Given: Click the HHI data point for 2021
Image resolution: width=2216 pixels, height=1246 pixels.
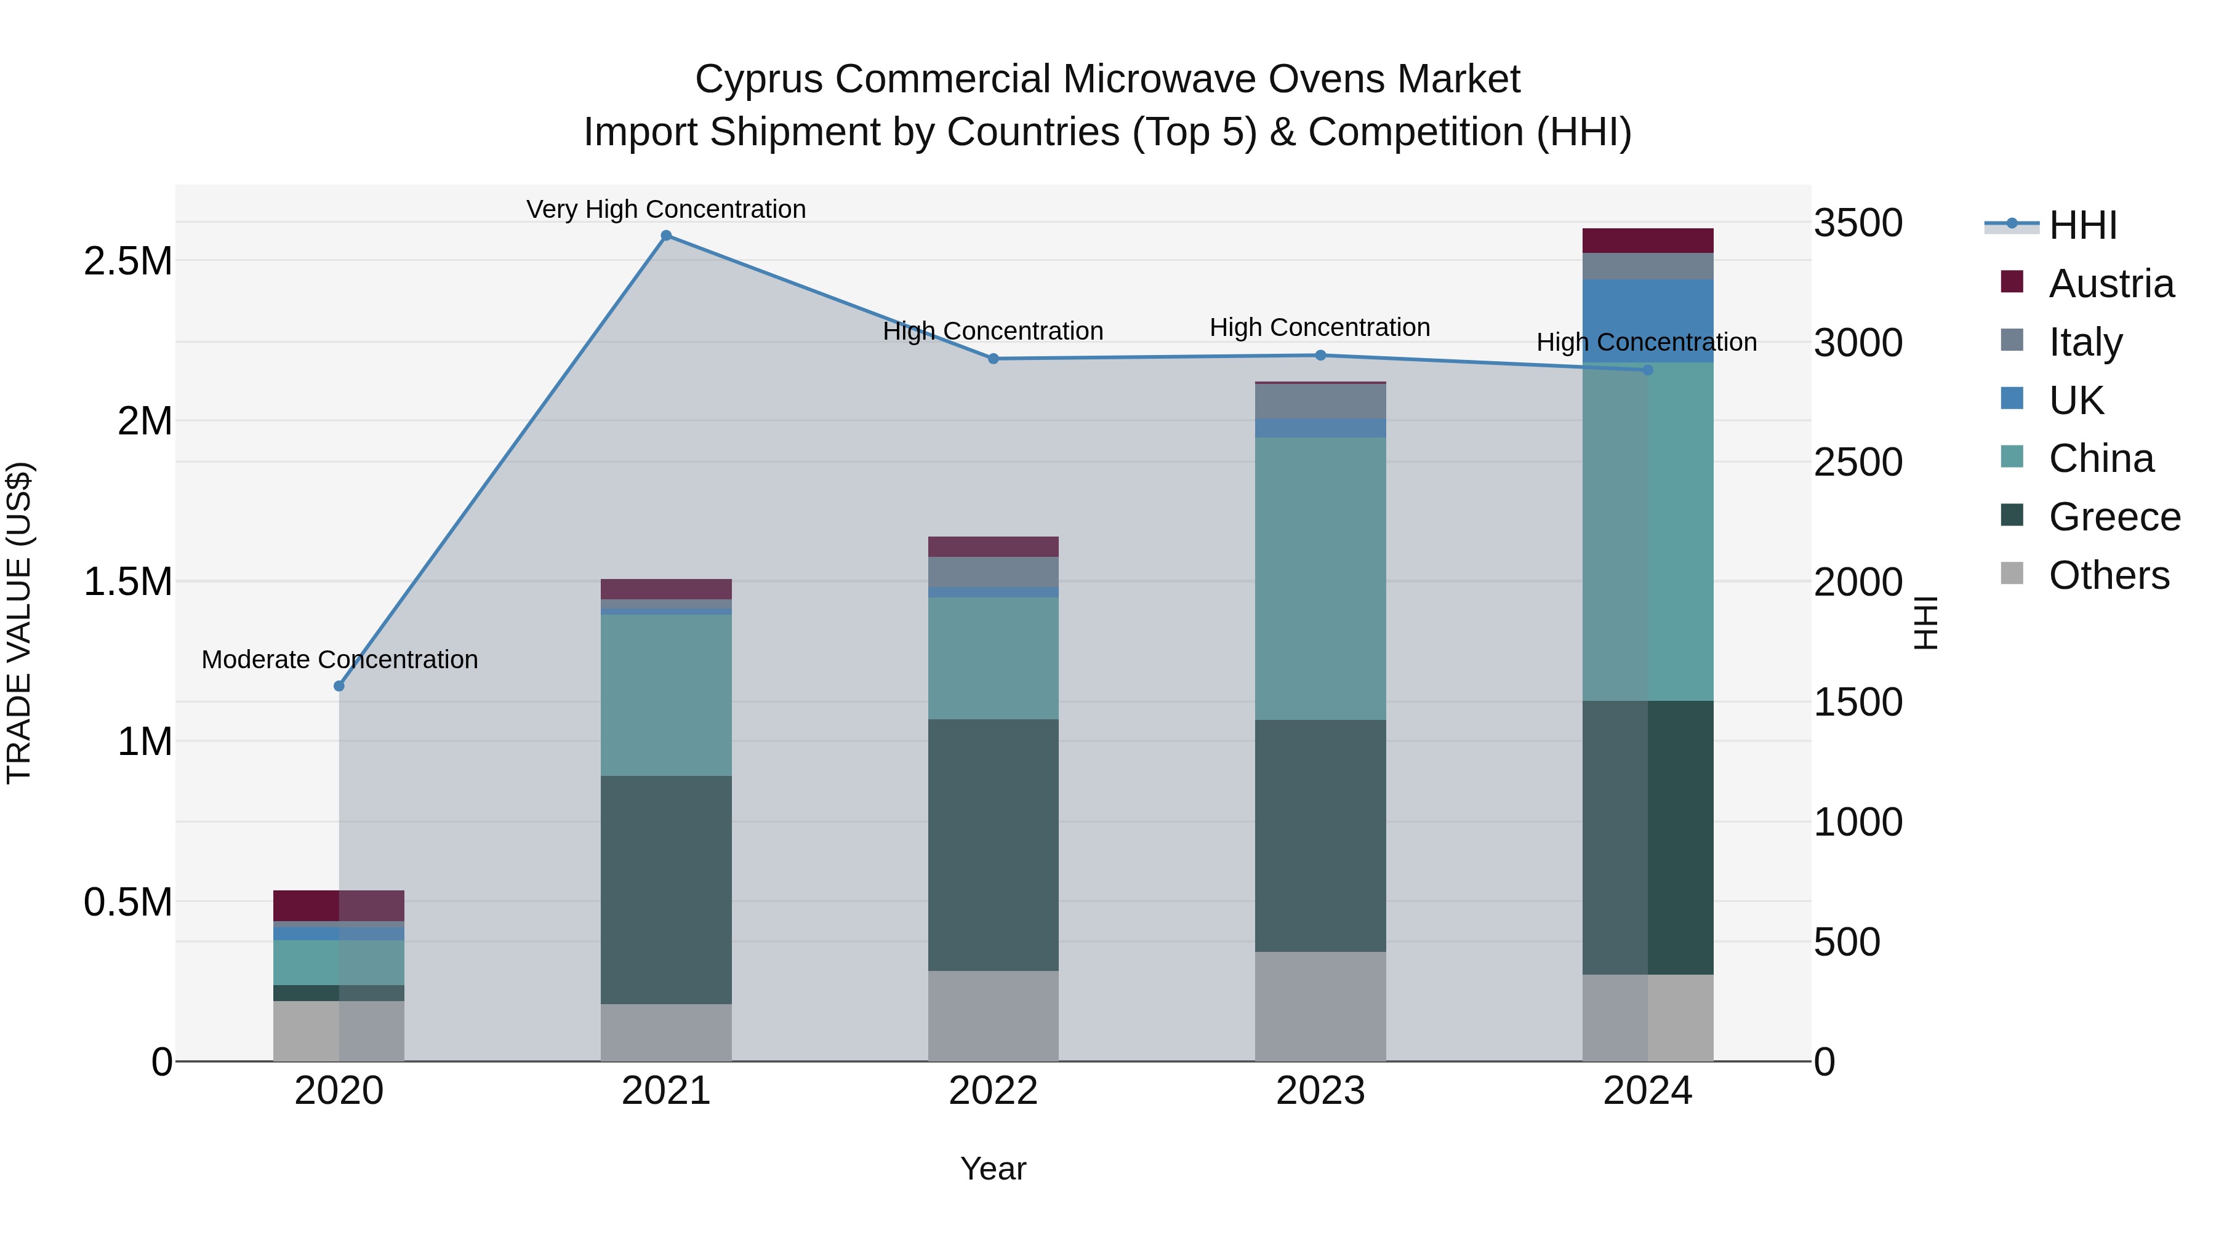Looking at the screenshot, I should click(666, 236).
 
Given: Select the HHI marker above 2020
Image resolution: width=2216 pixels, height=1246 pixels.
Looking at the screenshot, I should click(339, 686).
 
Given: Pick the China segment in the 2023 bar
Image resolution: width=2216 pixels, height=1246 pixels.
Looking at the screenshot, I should click(1320, 578).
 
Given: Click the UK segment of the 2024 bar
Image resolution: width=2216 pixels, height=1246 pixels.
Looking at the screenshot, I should click(1647, 320).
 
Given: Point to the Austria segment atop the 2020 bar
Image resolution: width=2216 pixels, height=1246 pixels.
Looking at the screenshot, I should click(339, 906).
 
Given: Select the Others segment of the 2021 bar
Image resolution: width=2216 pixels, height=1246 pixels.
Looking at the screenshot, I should click(666, 1032).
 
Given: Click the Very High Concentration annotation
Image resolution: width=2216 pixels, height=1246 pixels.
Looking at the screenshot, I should click(666, 209).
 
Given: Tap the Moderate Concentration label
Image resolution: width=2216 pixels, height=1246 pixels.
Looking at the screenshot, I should click(339, 660).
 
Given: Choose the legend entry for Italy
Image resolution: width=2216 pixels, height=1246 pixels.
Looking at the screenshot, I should click(2086, 341).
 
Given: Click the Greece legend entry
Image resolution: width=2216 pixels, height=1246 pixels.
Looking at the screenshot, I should click(2114, 517).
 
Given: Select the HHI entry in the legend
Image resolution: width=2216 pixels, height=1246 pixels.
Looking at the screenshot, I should click(2082, 225).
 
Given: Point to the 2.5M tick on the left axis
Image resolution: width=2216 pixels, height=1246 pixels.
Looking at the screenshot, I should click(128, 260).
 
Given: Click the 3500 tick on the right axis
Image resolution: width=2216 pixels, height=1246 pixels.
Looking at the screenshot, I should click(1858, 223).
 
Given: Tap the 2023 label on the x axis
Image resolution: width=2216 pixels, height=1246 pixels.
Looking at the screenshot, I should click(1320, 1091).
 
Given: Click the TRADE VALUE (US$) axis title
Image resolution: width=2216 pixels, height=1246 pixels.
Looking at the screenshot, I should click(19, 623).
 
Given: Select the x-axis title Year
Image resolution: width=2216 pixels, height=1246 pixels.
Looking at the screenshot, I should click(993, 1168).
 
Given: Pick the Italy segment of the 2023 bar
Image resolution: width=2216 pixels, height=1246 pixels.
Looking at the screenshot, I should click(1320, 401).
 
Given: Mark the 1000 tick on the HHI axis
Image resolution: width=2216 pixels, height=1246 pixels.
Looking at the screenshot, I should click(1858, 822).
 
